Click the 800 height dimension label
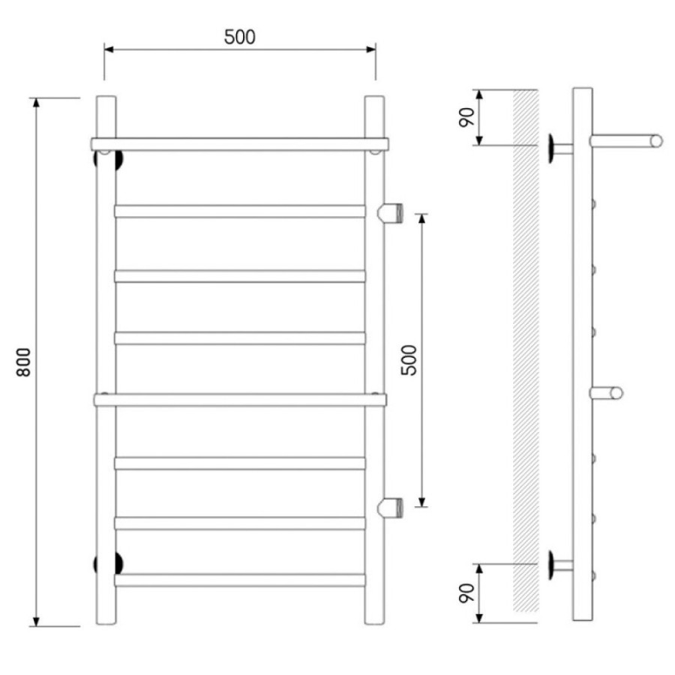coord(24,362)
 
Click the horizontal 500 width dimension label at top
coord(240,37)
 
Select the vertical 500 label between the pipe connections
coord(409,360)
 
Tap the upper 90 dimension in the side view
coord(466,117)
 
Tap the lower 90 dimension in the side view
coord(466,593)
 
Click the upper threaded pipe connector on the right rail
coord(390,212)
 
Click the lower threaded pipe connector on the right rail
coord(390,507)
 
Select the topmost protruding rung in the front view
coord(240,144)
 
